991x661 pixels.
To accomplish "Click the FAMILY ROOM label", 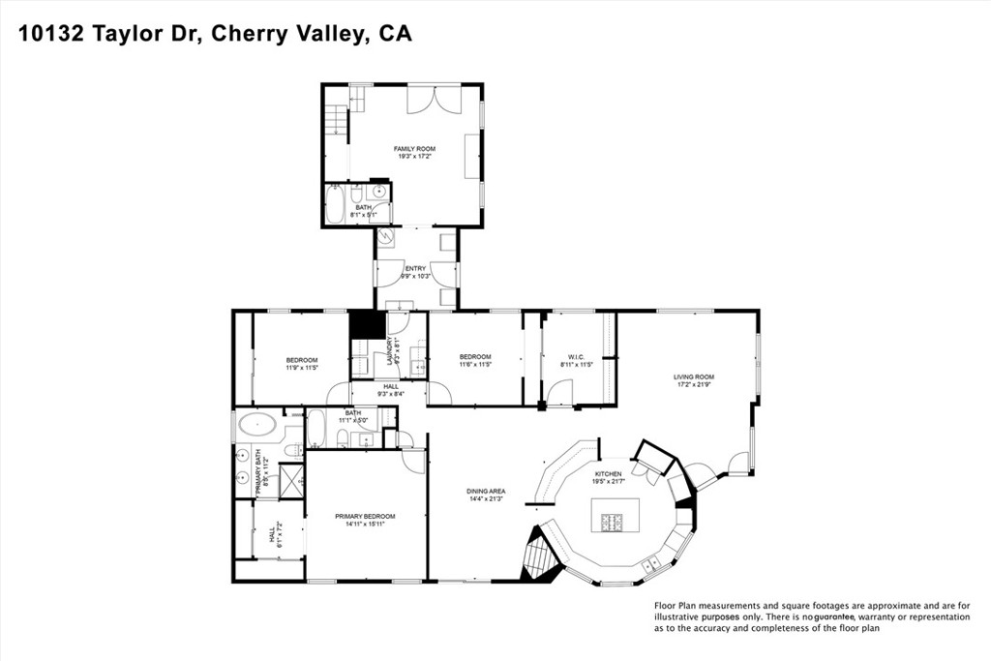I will pyautogui.click(x=414, y=149).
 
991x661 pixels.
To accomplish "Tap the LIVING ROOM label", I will pyautogui.click(x=694, y=376).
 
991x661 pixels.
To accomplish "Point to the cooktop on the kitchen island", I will pyautogui.click(x=612, y=523).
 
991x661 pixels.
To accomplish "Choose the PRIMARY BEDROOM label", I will pyautogui.click(x=365, y=517).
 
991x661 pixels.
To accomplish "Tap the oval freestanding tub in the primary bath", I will pyautogui.click(x=258, y=424).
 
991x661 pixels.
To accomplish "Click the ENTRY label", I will pyautogui.click(x=415, y=268).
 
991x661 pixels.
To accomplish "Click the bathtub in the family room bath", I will pyautogui.click(x=335, y=205).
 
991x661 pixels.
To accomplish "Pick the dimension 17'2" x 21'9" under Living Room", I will pyautogui.click(x=694, y=385).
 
